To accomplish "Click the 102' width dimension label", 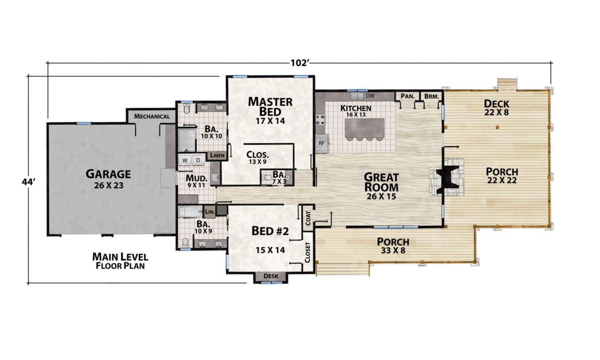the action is pos(300,63).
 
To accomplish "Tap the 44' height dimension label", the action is pos(29,182).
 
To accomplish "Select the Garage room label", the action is pos(108,174).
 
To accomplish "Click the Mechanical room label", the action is pos(152,117).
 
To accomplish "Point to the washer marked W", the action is pos(185,160).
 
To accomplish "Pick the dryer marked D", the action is pos(198,160).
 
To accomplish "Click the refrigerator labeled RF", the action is pos(322,143).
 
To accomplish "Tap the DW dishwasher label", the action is pos(370,96).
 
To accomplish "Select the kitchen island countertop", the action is pos(364,128).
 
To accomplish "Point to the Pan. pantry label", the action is pos(407,96).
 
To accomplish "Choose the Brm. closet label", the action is pos(432,96).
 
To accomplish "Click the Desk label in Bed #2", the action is pos(271,276).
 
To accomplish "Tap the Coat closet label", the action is pos(308,219).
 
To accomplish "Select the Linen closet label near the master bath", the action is pos(217,155).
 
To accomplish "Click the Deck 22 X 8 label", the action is pos(496,107).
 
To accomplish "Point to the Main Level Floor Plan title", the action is pos(120,261).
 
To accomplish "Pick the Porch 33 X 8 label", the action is pos(393,246).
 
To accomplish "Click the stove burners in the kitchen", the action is pos(320,120).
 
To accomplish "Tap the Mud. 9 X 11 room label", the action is pos(196,181).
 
